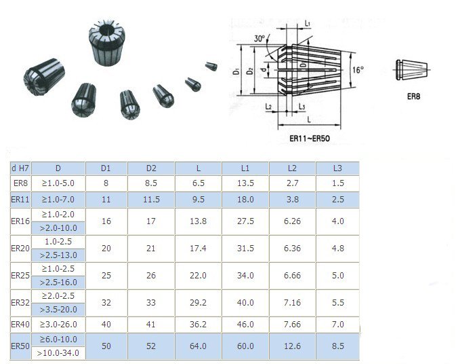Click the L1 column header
245,168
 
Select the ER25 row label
20,276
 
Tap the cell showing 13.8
198,221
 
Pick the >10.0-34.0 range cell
58,353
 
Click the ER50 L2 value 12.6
292,346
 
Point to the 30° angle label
260,39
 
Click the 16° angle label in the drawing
358,70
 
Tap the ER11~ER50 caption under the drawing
310,139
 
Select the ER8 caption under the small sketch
413,96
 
